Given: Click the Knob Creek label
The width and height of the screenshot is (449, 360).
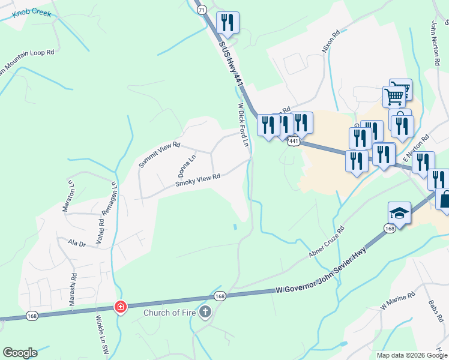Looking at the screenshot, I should click(x=31, y=11).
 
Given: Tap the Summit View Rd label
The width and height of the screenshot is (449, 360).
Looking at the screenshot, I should click(x=159, y=155).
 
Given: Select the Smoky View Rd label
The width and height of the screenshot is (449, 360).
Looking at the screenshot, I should click(x=198, y=180).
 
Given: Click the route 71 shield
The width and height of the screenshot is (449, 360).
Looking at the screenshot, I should click(x=201, y=10).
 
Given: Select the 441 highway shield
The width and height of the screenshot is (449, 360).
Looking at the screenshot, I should click(x=294, y=141).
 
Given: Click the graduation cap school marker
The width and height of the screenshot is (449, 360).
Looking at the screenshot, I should click(x=399, y=214).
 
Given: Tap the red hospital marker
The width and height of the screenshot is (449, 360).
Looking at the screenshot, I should click(x=121, y=307).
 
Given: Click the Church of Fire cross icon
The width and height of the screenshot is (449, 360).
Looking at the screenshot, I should click(x=205, y=312).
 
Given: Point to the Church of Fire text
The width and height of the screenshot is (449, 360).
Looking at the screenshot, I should click(x=169, y=313).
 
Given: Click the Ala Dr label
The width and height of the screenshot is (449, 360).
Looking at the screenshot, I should click(x=77, y=244).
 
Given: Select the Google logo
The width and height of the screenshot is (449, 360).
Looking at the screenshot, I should click(x=20, y=353).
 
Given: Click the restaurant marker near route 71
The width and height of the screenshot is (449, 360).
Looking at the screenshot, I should click(x=228, y=23).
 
